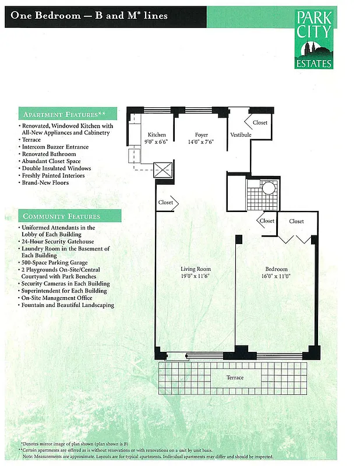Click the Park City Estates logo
(314, 39)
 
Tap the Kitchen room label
(156, 135)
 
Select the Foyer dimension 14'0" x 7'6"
(201, 142)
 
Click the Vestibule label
(241, 135)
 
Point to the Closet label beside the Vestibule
(260, 122)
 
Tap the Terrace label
(235, 377)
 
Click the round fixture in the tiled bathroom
(269, 189)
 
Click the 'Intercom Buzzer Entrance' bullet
(54, 147)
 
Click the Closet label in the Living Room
(165, 203)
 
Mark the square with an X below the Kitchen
(163, 170)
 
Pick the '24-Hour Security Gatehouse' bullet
(58, 241)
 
